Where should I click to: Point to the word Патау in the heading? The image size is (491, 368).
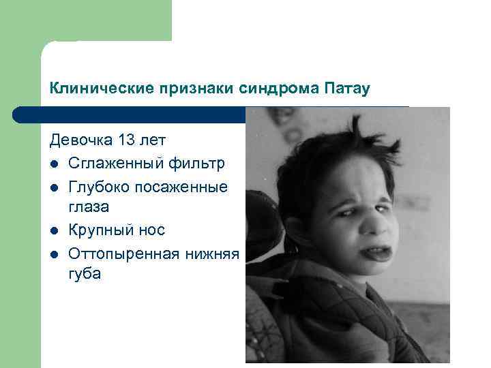[347, 89]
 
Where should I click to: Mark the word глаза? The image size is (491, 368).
[89, 206]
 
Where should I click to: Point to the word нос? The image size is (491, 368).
[151, 230]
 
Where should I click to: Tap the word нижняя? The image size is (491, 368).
[211, 254]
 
